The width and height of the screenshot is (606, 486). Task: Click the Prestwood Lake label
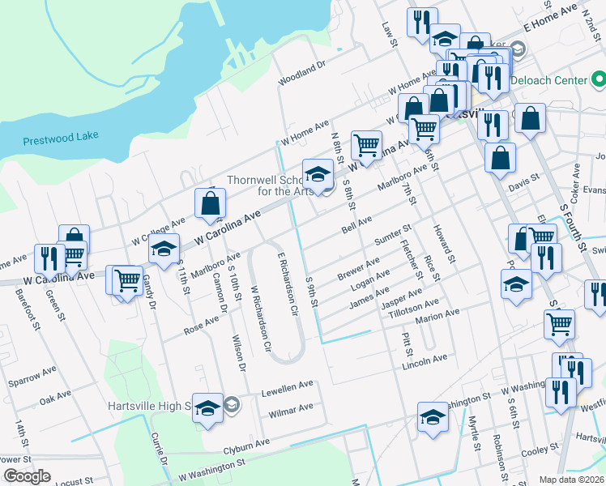pos(61,139)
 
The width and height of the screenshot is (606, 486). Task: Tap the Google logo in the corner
pos(27,476)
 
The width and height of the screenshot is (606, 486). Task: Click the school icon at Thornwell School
pos(318,175)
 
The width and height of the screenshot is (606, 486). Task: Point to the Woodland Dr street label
pos(301,72)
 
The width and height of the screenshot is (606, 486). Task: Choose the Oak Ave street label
pos(56,398)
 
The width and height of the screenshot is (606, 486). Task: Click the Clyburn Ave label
pos(247,445)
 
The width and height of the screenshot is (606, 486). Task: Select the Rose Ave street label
pos(202,325)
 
